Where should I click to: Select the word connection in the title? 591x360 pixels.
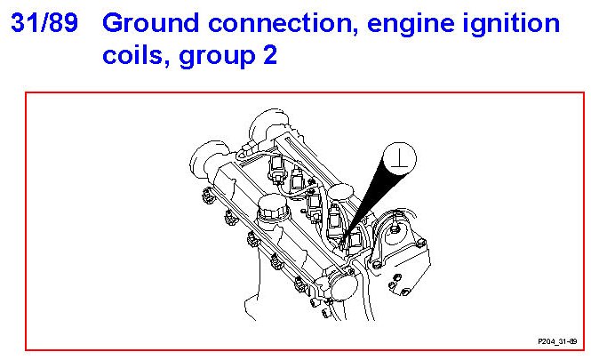coord(267,24)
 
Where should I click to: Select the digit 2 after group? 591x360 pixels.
coord(269,56)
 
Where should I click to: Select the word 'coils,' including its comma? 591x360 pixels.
coord(137,57)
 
